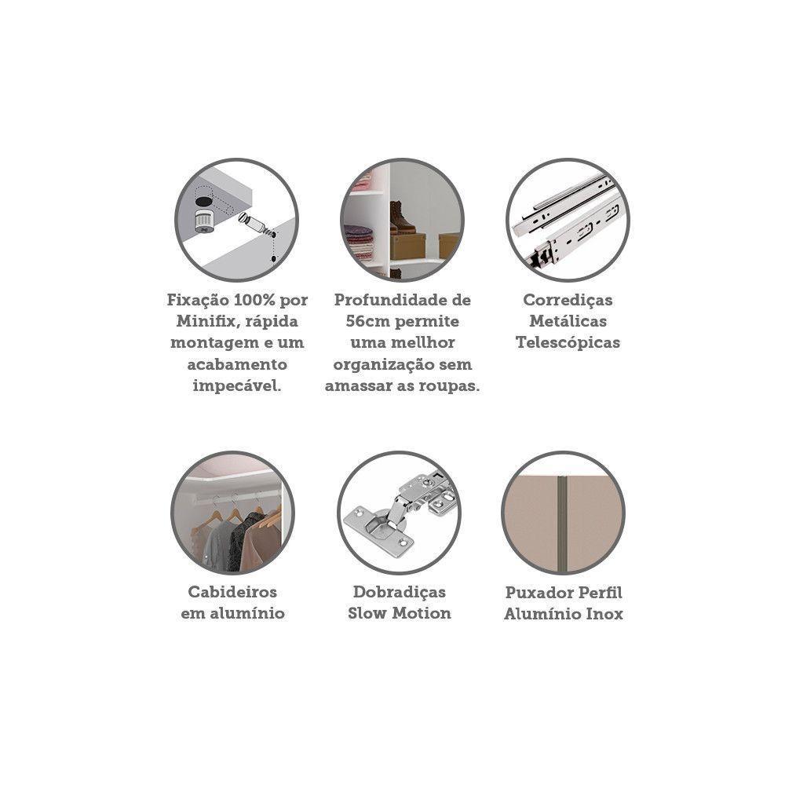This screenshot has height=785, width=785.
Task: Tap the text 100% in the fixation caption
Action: (x=250, y=300)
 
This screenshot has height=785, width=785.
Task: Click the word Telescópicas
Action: (x=568, y=344)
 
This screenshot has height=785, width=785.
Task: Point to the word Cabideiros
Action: (x=232, y=592)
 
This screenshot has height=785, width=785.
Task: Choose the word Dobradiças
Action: (x=400, y=593)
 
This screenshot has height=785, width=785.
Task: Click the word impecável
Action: (x=237, y=386)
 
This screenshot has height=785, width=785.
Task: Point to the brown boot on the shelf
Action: (x=402, y=216)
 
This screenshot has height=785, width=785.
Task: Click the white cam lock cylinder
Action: (x=204, y=221)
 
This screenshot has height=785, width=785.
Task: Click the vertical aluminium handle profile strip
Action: (x=562, y=524)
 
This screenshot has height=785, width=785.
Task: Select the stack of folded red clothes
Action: (x=359, y=242)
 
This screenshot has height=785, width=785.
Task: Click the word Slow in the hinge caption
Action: (x=367, y=613)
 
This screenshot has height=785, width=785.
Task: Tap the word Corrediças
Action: (x=568, y=301)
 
